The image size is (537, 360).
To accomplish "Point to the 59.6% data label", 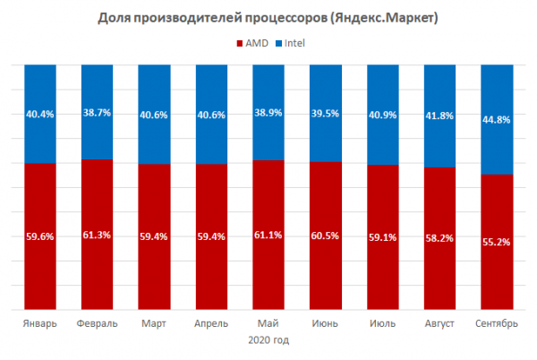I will click(x=40, y=237).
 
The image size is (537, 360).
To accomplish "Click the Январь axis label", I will click(x=40, y=322).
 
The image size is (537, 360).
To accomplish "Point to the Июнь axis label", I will click(x=323, y=322).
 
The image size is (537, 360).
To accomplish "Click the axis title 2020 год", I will click(x=268, y=339).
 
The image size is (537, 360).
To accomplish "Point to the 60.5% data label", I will click(x=323, y=236).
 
